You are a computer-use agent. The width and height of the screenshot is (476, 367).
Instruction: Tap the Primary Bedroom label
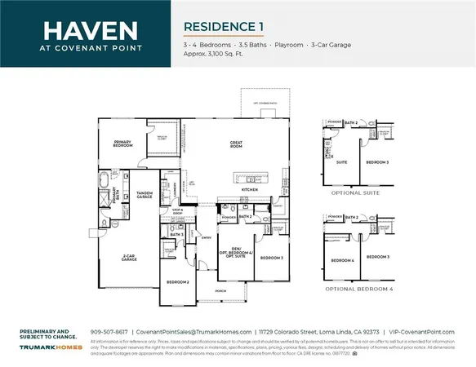tap(123, 144)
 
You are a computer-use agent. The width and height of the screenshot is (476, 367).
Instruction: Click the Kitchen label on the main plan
tap(250, 189)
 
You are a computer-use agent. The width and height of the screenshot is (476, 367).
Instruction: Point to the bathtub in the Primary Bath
tap(105, 179)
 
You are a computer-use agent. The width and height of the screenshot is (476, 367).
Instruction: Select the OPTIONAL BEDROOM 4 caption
tap(353, 290)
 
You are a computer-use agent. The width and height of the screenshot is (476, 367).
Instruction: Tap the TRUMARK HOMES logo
tap(46, 347)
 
